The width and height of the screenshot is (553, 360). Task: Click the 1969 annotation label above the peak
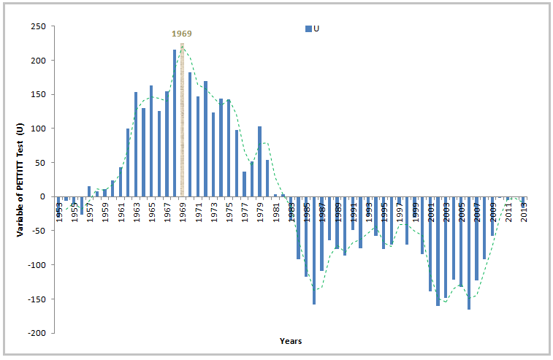coord(182,34)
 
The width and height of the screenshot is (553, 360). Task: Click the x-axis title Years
coord(290,341)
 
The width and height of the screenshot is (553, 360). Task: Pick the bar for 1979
coord(259,161)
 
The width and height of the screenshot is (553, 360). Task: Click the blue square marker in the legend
coord(308,28)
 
